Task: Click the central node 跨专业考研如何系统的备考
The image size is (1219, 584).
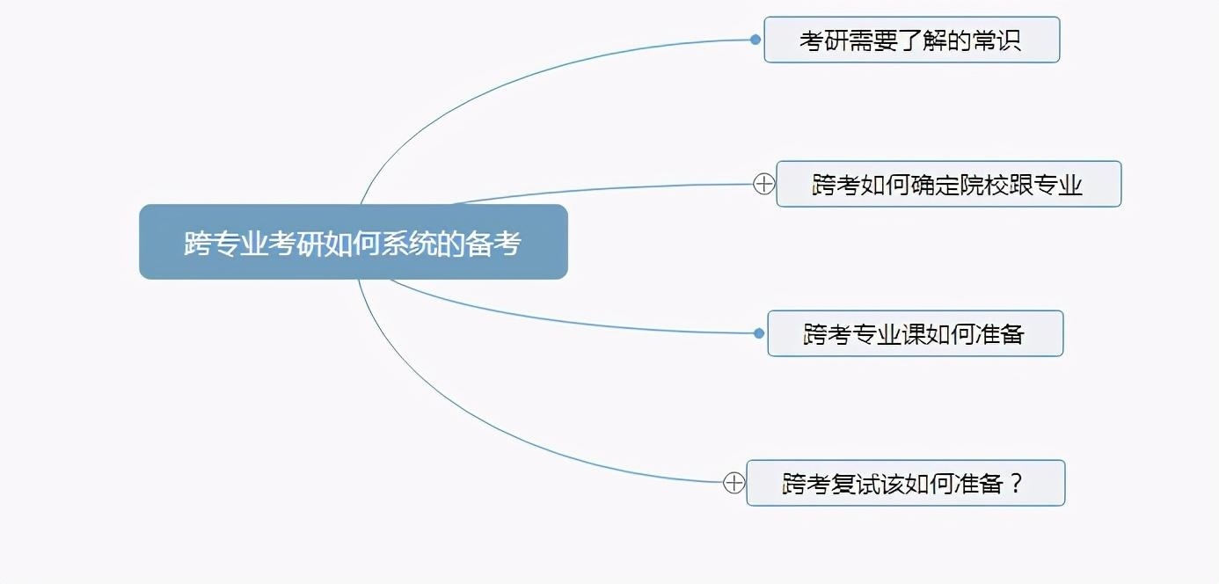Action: pyautogui.click(x=354, y=242)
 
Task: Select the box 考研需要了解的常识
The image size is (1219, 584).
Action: pyautogui.click(x=912, y=40)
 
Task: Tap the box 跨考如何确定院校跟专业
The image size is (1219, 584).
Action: pyautogui.click(x=948, y=184)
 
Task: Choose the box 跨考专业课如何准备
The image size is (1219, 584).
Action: pyautogui.click(x=916, y=333)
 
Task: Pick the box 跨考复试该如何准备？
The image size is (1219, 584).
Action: pyautogui.click(x=906, y=483)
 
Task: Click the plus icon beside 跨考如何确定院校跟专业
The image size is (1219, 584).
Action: pyautogui.click(x=764, y=184)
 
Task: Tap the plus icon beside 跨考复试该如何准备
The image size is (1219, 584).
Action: pyautogui.click(x=734, y=482)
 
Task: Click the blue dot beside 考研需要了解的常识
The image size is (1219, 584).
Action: pyautogui.click(x=755, y=40)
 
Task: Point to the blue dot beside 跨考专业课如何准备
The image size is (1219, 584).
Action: pyautogui.click(x=759, y=333)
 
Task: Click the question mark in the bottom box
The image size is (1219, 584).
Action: pyautogui.click(x=1016, y=483)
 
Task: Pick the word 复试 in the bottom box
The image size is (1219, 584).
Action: pyautogui.click(x=854, y=484)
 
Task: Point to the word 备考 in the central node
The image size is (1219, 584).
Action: pyautogui.click(x=493, y=243)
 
